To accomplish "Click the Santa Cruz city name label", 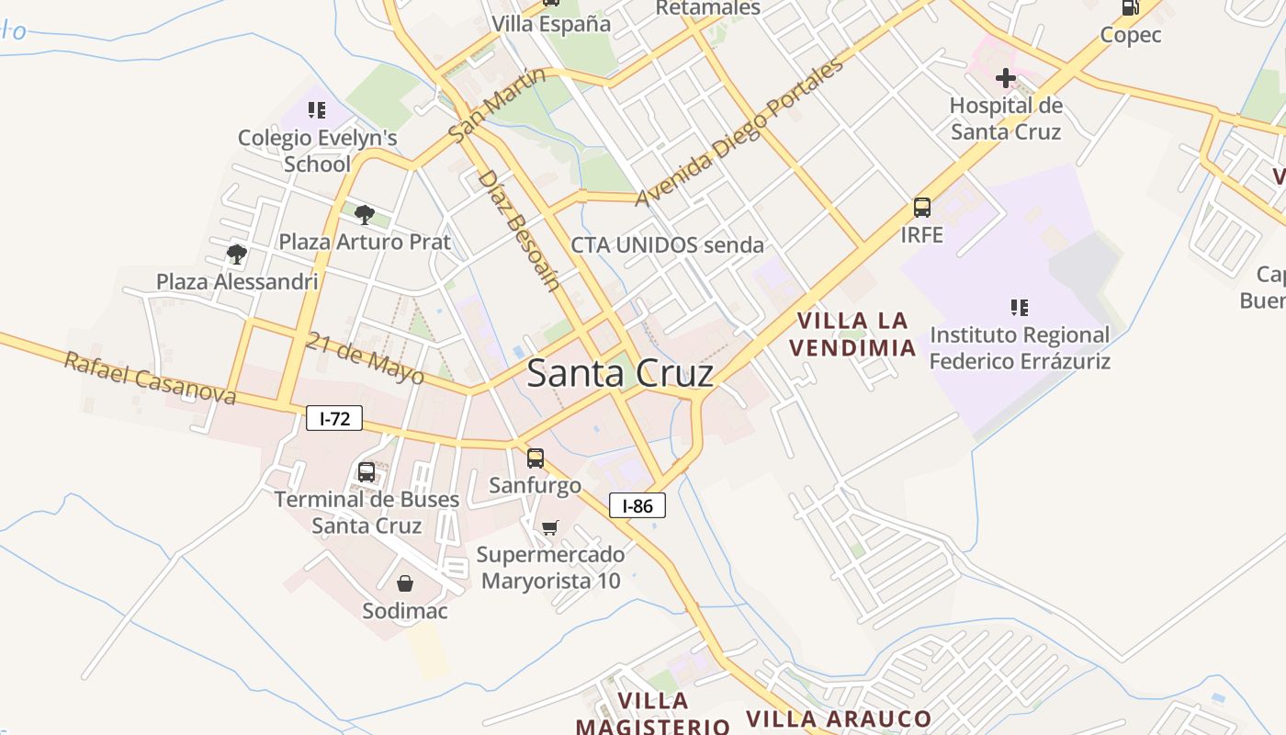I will click(620, 374).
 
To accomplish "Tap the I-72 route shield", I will click(334, 419).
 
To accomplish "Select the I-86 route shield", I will click(637, 505).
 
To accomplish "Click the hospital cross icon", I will click(1006, 78).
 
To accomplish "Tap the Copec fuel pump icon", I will click(1131, 7).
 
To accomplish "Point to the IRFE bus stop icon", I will click(922, 208).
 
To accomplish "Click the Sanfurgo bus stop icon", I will click(536, 458).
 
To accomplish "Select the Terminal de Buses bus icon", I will click(366, 472).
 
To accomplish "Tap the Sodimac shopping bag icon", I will click(404, 583).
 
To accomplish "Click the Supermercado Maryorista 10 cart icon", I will click(549, 527).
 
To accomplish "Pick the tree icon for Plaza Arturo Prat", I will click(365, 215).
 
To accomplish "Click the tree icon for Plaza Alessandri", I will click(237, 254).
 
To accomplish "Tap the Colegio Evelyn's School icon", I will click(317, 111).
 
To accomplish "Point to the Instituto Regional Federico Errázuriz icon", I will click(1019, 307).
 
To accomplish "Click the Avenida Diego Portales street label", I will click(739, 133).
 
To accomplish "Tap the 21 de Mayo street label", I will click(366, 357).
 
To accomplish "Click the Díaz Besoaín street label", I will click(519, 230).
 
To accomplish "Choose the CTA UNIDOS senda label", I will click(667, 245).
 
